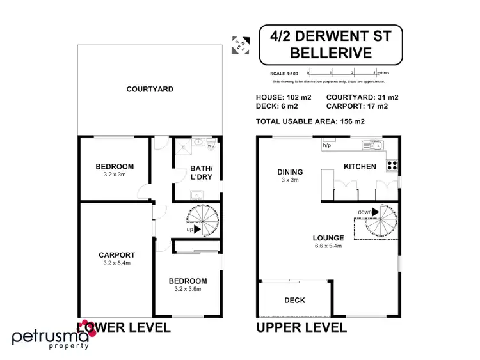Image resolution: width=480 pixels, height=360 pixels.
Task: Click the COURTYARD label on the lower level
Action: [150, 89]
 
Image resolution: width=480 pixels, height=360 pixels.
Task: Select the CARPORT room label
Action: [116, 255]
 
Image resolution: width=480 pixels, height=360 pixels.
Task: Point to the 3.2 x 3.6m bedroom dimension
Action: [188, 289]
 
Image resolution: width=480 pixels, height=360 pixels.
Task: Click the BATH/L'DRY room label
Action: [196, 175]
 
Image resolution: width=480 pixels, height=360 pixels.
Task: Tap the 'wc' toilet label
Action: [211, 146]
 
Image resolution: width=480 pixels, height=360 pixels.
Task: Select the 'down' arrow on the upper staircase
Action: [367, 212]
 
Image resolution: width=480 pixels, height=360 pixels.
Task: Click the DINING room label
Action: [289, 171]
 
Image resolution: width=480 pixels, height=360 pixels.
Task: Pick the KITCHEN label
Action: [360, 166]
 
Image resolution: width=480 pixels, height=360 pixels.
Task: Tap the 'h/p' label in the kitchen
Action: [326, 146]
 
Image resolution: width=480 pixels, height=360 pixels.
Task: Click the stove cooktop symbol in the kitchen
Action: [391, 165]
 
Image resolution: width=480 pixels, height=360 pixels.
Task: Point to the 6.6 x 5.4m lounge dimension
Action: [328, 246]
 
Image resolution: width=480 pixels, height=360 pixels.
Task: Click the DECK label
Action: [294, 300]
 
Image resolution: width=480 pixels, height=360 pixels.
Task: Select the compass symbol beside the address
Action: [242, 43]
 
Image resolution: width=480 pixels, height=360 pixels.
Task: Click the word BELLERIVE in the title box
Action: [330, 54]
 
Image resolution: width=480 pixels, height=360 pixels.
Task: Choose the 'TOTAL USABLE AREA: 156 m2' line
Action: [309, 120]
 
